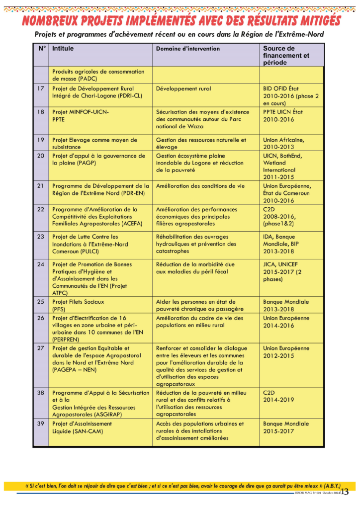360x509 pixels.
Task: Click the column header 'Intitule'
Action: coord(63,49)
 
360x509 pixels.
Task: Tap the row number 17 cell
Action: coord(41,88)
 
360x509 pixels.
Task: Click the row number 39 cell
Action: coord(41,424)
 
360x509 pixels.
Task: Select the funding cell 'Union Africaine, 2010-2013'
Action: coord(283,143)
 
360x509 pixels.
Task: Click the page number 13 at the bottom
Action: coord(345,492)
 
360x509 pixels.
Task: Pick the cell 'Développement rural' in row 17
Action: coord(183,88)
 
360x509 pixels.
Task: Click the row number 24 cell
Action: coord(41,264)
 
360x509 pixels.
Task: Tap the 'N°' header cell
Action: coord(42,49)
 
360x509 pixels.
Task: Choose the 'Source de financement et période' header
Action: coord(286,55)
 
